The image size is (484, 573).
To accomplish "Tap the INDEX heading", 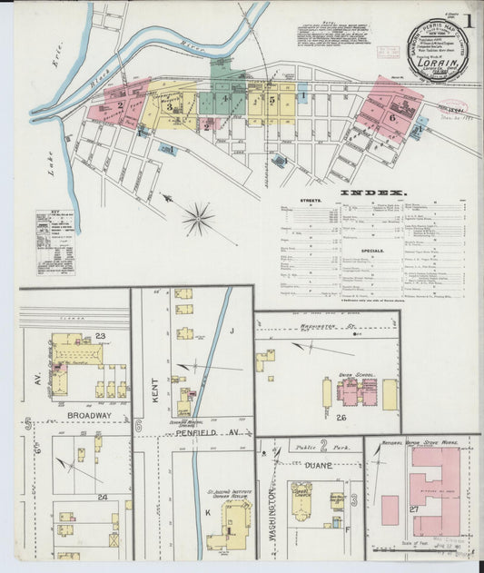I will click(372, 193).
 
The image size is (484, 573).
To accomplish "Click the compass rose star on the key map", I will click(198, 219).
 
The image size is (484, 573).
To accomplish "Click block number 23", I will click(101, 336).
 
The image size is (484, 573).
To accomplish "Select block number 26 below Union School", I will click(341, 417).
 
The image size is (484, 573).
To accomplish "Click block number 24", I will click(102, 497).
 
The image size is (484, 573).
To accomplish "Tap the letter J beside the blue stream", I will click(232, 331).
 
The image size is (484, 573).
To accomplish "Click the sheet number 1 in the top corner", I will click(469, 19).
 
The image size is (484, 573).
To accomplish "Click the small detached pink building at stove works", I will click(390, 509).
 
